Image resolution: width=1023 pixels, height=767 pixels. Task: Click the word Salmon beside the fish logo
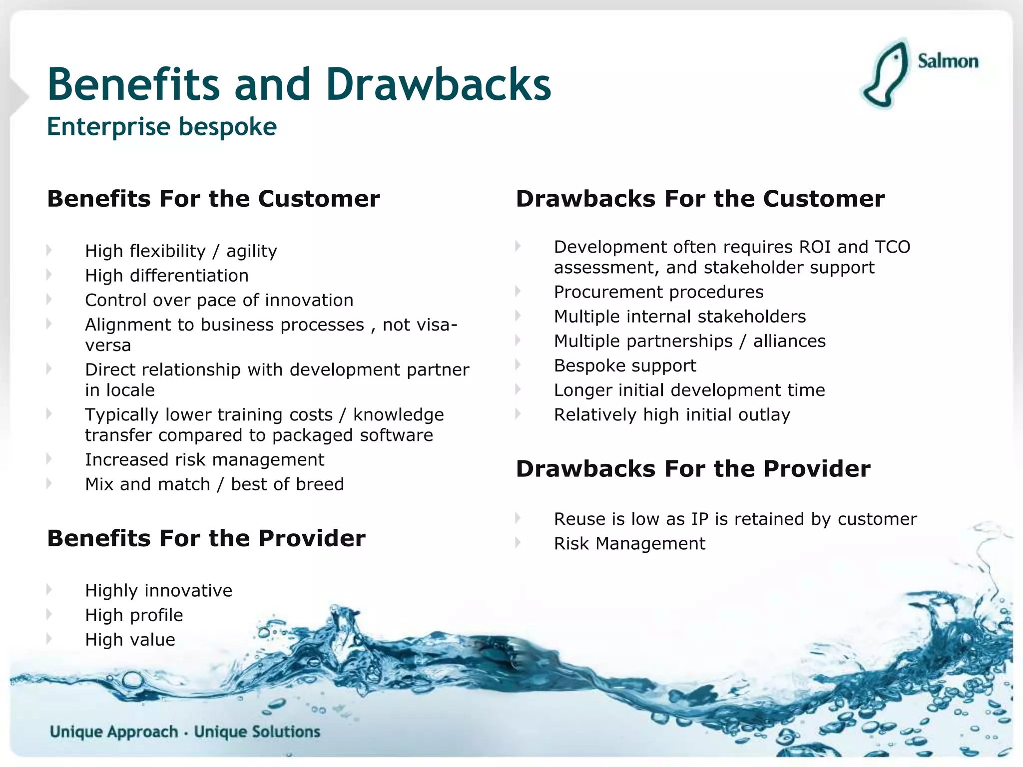[948, 61]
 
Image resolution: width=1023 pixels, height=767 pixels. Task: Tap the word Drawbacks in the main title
[439, 84]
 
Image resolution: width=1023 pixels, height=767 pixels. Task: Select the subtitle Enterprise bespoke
[162, 126]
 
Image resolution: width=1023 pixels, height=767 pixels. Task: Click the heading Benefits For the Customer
[213, 199]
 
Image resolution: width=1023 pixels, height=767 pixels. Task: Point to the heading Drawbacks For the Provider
[693, 469]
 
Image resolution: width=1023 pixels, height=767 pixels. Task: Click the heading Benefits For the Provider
[206, 538]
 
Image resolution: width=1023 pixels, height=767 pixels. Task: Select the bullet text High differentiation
[167, 276]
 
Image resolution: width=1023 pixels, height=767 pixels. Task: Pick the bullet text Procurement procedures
[658, 292]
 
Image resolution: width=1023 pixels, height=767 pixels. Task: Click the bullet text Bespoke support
[625, 366]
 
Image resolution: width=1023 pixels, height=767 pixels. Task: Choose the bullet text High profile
[134, 615]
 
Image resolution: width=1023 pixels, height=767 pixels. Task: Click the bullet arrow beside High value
[49, 639]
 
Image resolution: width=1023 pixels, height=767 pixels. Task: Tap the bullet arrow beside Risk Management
[518, 542]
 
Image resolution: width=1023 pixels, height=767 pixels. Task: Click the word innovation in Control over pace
[309, 300]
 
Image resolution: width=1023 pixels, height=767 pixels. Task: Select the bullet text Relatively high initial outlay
[672, 415]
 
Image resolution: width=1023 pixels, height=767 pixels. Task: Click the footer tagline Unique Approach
[114, 732]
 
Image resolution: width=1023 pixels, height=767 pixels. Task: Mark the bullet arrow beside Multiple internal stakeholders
[518, 316]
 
